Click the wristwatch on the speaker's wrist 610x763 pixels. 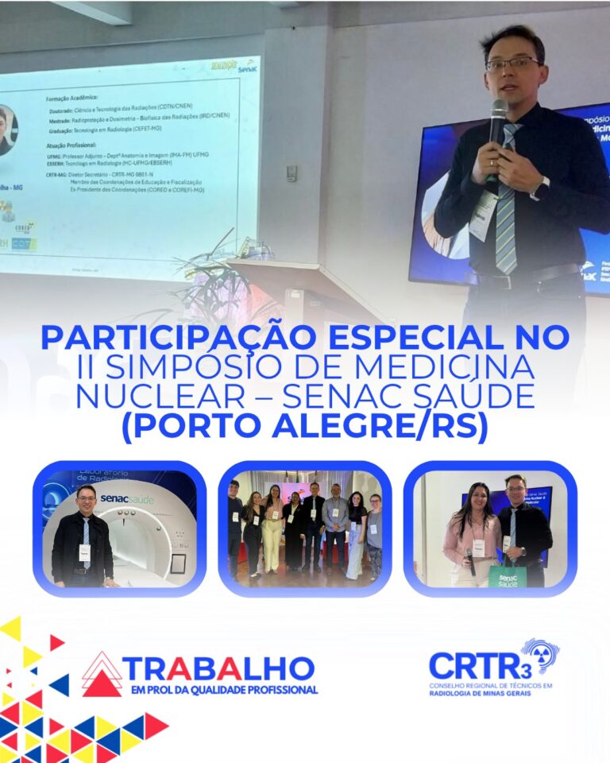(542, 188)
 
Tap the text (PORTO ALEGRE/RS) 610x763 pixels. (304, 427)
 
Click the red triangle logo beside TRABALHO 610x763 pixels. (102, 675)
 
